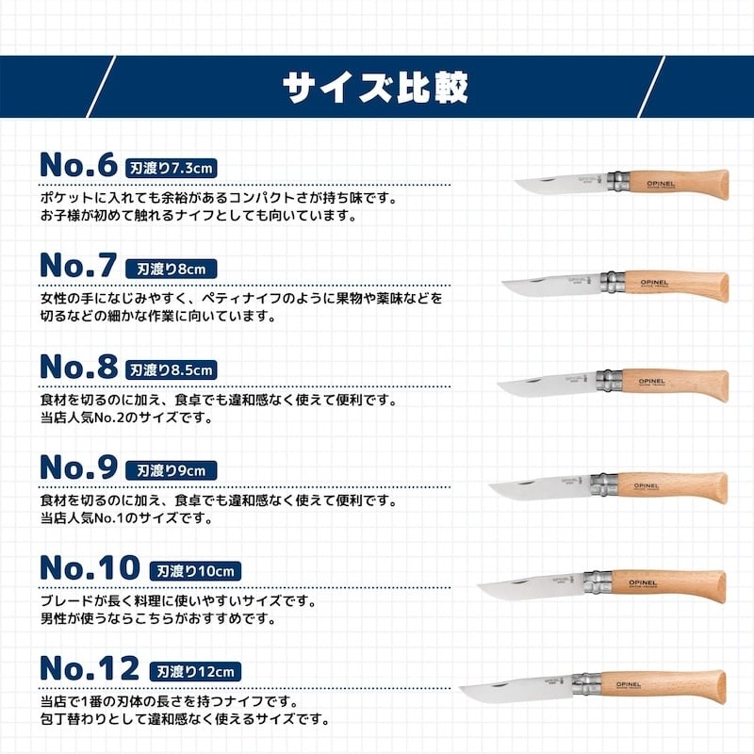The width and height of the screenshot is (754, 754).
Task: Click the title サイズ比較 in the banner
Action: point(375,88)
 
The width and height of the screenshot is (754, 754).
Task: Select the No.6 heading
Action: point(78,165)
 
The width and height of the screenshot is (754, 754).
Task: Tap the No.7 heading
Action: point(78,266)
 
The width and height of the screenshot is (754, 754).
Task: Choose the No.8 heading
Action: point(78,367)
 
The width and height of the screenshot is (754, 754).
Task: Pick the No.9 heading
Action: point(78,467)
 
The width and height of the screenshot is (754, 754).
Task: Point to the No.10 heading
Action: point(90,568)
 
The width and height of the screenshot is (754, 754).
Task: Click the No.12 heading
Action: point(90,668)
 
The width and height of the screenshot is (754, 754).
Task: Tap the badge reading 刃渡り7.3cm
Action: point(172,169)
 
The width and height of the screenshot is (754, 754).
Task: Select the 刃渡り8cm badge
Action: point(172,269)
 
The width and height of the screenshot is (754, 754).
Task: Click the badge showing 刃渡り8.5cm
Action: point(172,369)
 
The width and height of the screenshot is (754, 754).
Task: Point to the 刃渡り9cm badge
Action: point(172,470)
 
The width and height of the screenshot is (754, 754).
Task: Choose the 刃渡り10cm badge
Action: point(195,571)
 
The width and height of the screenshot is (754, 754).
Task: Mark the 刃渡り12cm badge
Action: point(195,672)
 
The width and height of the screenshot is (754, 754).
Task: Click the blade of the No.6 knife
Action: point(560,185)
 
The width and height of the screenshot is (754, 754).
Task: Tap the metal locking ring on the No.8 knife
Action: point(610,382)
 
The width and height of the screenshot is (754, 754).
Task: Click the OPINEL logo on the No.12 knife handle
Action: point(629,684)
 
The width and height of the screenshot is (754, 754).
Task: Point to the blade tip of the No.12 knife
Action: point(460,689)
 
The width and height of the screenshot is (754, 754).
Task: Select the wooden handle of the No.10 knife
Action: point(668,585)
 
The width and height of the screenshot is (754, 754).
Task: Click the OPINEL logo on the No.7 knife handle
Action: point(654,283)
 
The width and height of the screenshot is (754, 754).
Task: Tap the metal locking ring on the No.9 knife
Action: point(604,484)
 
